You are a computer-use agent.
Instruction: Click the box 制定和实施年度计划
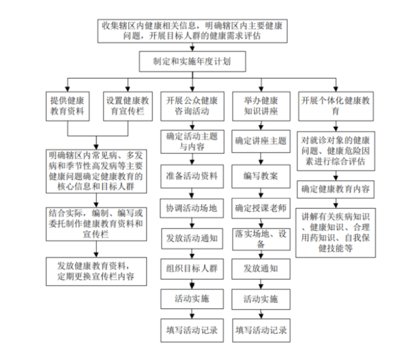click(x=192, y=61)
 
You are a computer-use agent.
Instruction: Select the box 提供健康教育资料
click(x=67, y=106)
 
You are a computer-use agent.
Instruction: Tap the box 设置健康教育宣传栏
click(x=128, y=106)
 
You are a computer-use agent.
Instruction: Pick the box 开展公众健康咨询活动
click(x=192, y=106)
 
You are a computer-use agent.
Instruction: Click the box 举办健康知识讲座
click(x=261, y=106)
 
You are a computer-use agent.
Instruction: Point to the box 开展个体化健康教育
click(x=336, y=106)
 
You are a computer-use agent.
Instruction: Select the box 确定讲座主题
click(x=261, y=142)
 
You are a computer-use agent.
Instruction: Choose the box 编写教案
click(x=261, y=177)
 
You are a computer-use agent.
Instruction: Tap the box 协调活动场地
click(x=192, y=209)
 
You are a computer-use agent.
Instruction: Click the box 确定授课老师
click(x=261, y=209)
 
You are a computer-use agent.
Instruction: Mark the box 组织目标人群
click(x=192, y=269)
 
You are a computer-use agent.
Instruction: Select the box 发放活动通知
click(x=192, y=239)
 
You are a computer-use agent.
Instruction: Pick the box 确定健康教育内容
click(x=336, y=190)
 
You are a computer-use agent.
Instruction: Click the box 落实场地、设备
click(x=261, y=239)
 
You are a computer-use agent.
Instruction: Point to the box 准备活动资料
click(x=192, y=177)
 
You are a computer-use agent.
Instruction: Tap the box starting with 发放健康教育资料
click(x=96, y=272)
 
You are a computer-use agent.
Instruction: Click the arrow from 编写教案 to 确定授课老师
click(x=261, y=193)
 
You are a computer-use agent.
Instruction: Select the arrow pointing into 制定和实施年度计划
click(x=192, y=47)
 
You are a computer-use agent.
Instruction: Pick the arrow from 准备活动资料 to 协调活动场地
click(x=192, y=194)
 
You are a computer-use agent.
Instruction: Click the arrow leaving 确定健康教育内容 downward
click(x=336, y=203)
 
